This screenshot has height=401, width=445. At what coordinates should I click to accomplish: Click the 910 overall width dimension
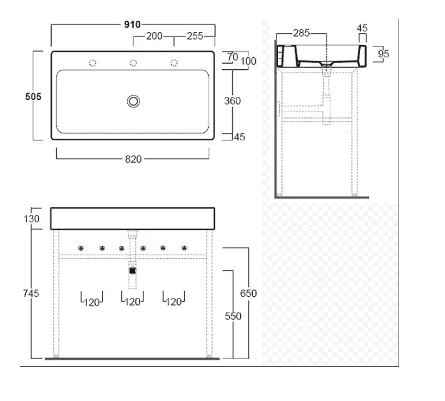coord(132,25)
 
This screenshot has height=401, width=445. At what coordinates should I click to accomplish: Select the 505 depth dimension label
coord(33,97)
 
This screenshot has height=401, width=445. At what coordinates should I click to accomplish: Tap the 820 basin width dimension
coord(133,159)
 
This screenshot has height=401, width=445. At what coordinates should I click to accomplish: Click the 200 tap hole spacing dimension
coord(153,36)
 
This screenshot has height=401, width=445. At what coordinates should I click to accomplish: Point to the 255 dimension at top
coord(195,36)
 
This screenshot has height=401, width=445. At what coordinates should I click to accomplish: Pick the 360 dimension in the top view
coord(232,101)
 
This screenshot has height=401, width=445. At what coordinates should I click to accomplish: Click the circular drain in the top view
coord(134,101)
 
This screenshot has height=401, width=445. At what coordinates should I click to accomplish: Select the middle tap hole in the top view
coord(134,62)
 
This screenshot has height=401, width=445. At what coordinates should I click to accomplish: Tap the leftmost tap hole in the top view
coord(93,62)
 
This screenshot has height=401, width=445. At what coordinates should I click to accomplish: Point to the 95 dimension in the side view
coord(384,54)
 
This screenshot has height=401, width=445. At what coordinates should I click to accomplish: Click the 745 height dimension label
coord(32,293)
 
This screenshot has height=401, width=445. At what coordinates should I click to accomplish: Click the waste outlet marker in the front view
coord(133,268)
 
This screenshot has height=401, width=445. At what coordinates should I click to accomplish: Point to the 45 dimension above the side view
coord(362,27)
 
